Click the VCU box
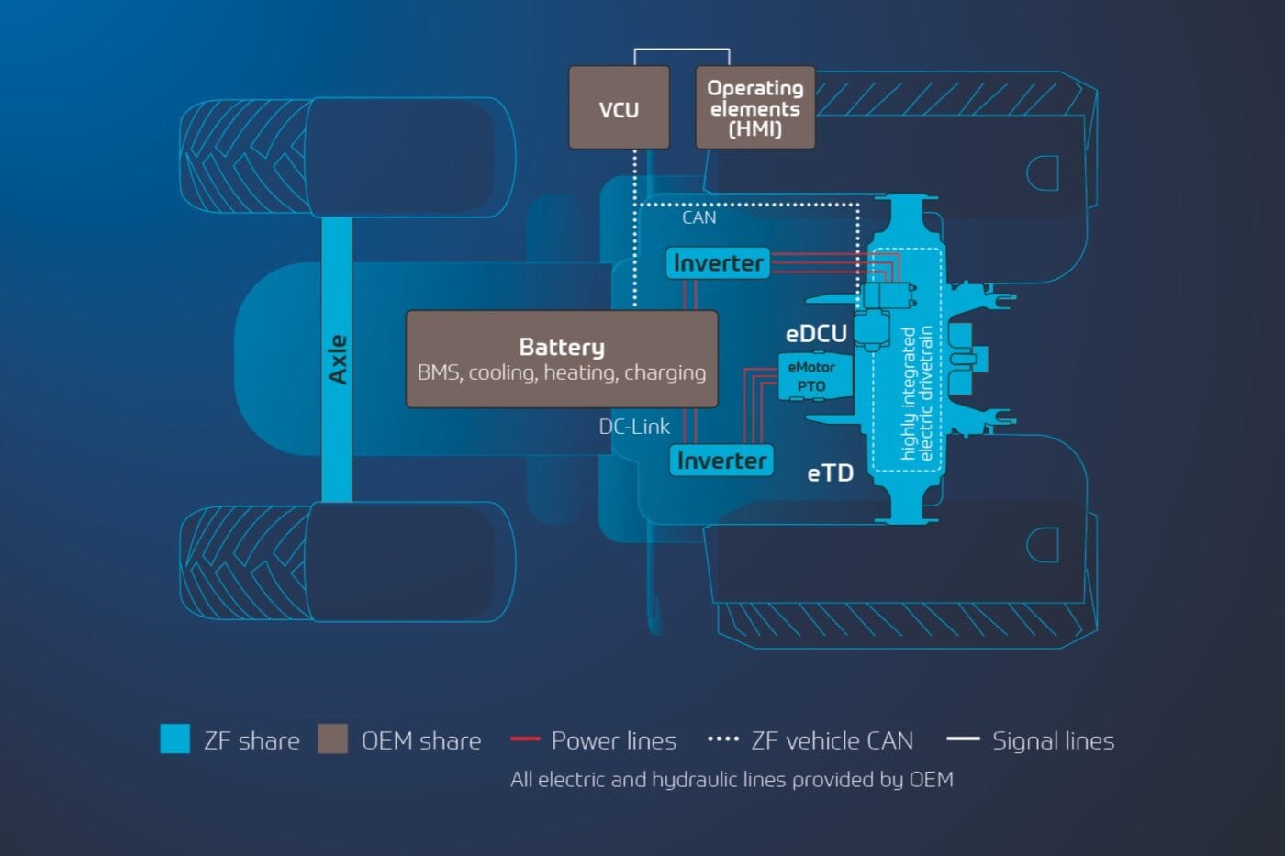click(619, 108)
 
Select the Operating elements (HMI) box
click(754, 108)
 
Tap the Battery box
click(562, 360)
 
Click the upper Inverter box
click(718, 263)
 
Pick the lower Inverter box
click(721, 460)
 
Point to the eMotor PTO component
click(812, 376)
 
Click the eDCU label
click(816, 334)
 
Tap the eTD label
click(830, 473)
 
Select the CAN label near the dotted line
click(698, 218)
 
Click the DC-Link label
click(634, 427)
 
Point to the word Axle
click(338, 360)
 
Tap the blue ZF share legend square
click(175, 739)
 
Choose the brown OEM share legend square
click(332, 739)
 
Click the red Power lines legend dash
click(525, 739)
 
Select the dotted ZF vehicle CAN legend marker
click(723, 739)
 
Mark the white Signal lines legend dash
click(963, 739)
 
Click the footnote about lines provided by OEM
click(732, 779)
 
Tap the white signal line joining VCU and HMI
click(681, 50)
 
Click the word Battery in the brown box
click(562, 347)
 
